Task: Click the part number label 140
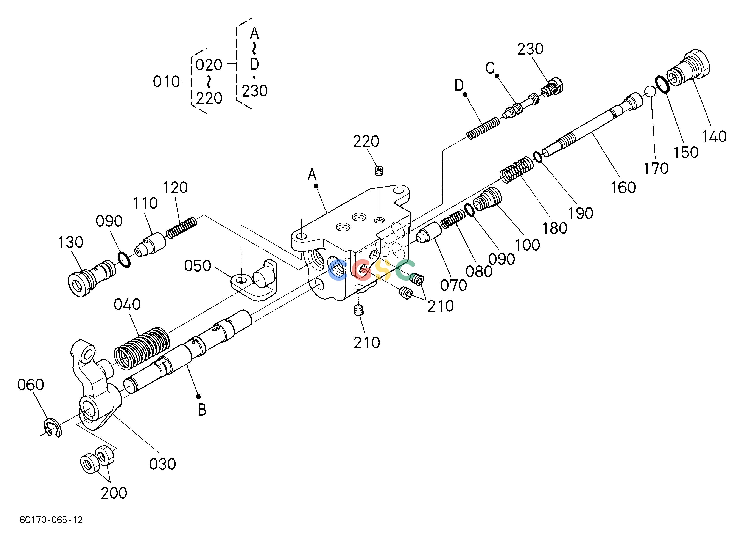pyautogui.click(x=714, y=136)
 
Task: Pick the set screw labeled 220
pyautogui.click(x=379, y=171)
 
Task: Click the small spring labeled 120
pyautogui.click(x=181, y=228)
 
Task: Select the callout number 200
pyautogui.click(x=114, y=493)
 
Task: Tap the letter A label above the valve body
pyautogui.click(x=312, y=174)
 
